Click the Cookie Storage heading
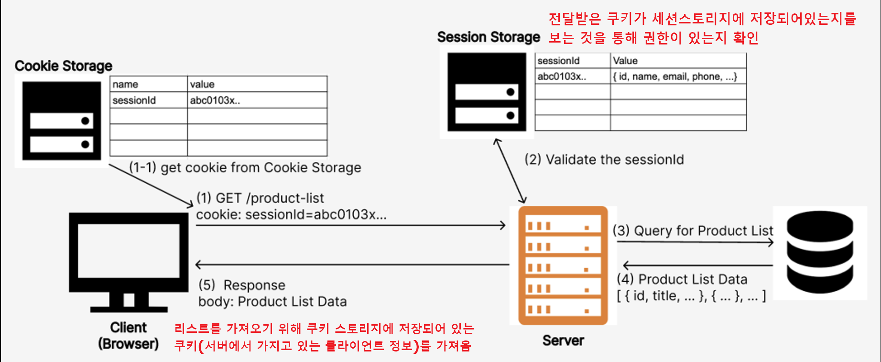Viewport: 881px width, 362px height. pos(64,66)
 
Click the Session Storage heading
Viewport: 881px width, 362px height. pos(488,37)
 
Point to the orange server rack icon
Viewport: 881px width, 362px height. pos(563,265)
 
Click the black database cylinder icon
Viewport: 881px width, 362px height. pos(820,252)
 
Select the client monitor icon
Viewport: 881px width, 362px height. pos(129,261)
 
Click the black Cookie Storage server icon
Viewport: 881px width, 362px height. pos(61,121)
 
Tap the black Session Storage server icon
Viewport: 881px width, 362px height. pos(487,92)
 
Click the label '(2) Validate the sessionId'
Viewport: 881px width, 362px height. pos(604,160)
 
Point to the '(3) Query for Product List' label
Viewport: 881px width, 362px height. pos(693,231)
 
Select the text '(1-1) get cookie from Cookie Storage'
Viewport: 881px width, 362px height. pos(245,168)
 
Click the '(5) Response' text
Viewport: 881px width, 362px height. pos(242,285)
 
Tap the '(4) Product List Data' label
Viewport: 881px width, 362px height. pos(682,279)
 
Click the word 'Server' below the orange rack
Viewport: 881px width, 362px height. pos(563,340)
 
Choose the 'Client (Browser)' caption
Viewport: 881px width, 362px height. pos(128,336)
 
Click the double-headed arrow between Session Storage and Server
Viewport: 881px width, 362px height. pos(510,171)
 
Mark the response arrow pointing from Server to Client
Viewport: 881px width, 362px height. pos(352,264)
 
